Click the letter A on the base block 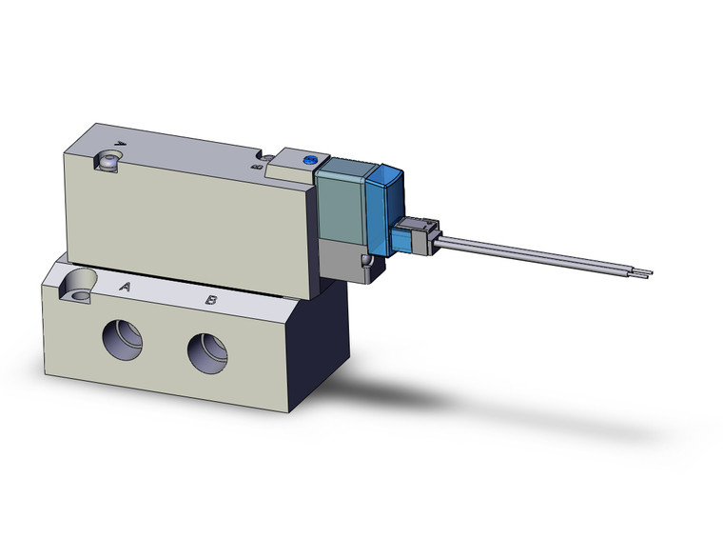124,286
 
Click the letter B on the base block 212,301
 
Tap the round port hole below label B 207,353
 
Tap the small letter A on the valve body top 119,146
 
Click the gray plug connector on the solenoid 415,237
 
